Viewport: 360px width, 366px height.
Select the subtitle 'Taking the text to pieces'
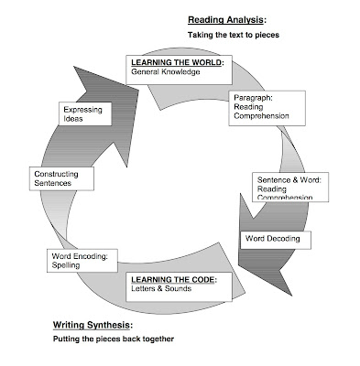point(233,34)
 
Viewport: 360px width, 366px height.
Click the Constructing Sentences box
point(61,178)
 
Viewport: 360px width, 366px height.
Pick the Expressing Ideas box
point(87,114)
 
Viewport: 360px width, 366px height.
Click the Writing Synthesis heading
point(92,325)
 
